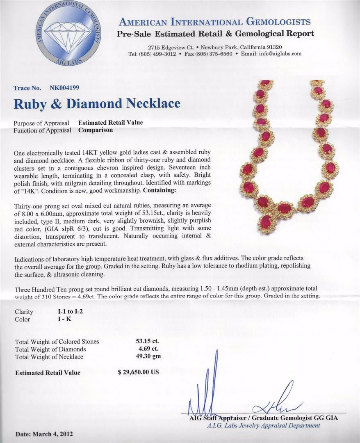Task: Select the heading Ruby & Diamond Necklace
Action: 97,103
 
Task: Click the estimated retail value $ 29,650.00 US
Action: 138,372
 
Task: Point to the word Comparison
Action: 96,130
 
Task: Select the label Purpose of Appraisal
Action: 42,123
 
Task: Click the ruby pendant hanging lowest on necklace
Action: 266,223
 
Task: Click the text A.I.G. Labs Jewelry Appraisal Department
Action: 263,425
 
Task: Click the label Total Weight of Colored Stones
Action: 57,342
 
